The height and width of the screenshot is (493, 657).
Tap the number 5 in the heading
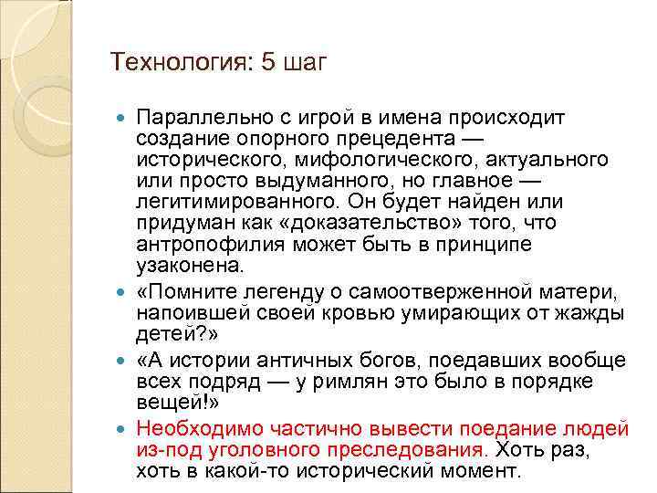tap(266, 62)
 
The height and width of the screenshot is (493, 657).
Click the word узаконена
tap(189, 266)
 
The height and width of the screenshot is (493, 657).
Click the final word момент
tap(485, 471)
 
